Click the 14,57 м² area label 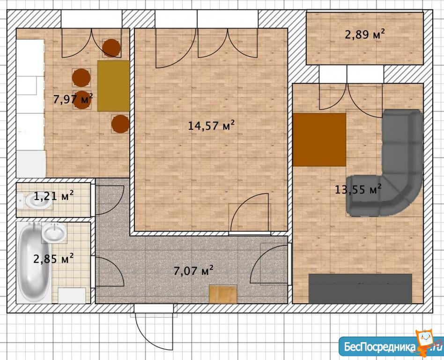tap(212, 125)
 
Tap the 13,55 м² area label tap(358, 189)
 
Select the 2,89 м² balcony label tap(365, 35)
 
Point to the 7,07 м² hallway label tap(193, 271)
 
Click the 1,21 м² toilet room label tap(54, 195)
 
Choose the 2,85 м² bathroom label tap(53, 258)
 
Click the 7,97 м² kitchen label tap(73, 99)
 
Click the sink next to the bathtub tap(54, 232)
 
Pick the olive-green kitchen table tap(113, 86)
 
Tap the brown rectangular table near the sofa tap(319, 140)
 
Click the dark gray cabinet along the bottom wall tap(360, 289)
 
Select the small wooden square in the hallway tap(223, 294)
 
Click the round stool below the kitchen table tap(120, 124)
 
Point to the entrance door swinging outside tap(154, 328)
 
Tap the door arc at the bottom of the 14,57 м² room tap(249, 213)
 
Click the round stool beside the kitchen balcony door tap(111, 48)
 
